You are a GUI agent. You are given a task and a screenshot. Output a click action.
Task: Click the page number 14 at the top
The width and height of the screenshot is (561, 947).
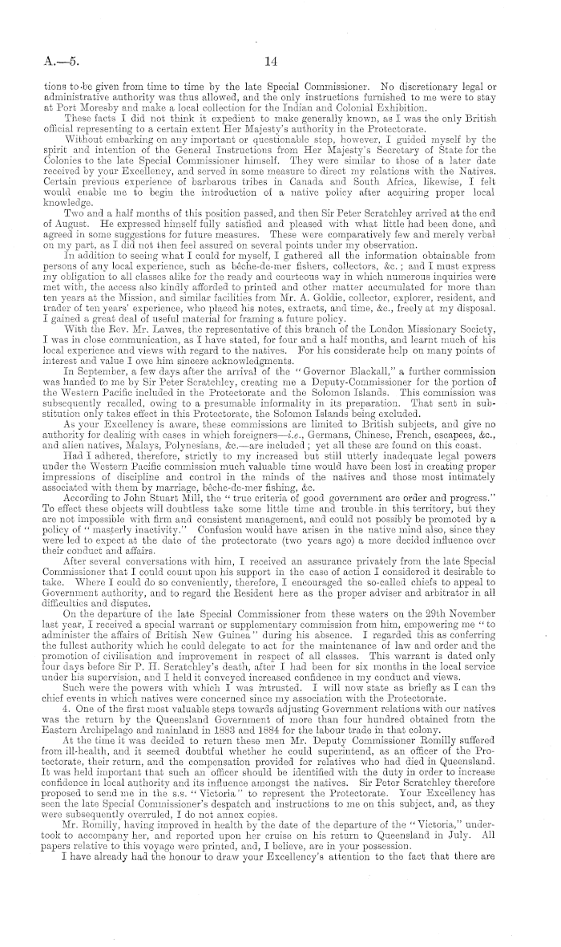click(x=280, y=59)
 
